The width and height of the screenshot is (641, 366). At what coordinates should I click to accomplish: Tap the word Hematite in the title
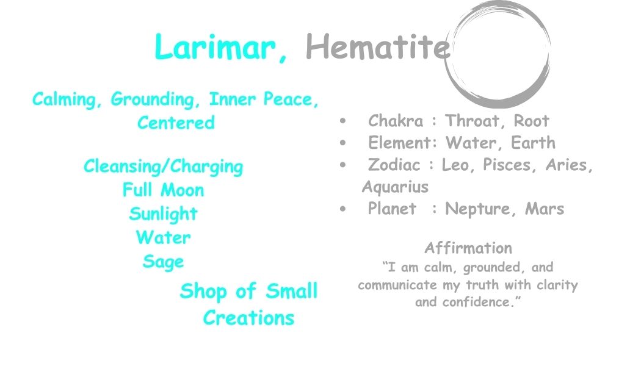[377, 46]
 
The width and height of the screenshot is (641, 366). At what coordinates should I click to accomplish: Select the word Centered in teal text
[176, 123]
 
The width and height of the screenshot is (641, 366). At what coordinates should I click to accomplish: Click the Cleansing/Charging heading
[163, 167]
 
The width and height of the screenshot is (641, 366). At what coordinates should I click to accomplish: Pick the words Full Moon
[163, 190]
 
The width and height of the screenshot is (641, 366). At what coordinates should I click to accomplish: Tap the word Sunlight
[163, 213]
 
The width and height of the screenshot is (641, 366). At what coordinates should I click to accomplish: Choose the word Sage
[163, 262]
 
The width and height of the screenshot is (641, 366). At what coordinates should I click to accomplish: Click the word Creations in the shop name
[248, 318]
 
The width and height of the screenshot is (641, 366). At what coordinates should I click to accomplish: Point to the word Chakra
[396, 121]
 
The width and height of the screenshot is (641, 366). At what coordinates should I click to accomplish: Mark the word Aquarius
[395, 187]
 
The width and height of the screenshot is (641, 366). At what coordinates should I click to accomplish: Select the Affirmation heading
[468, 248]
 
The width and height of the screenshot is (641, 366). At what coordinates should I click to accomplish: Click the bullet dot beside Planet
[343, 209]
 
